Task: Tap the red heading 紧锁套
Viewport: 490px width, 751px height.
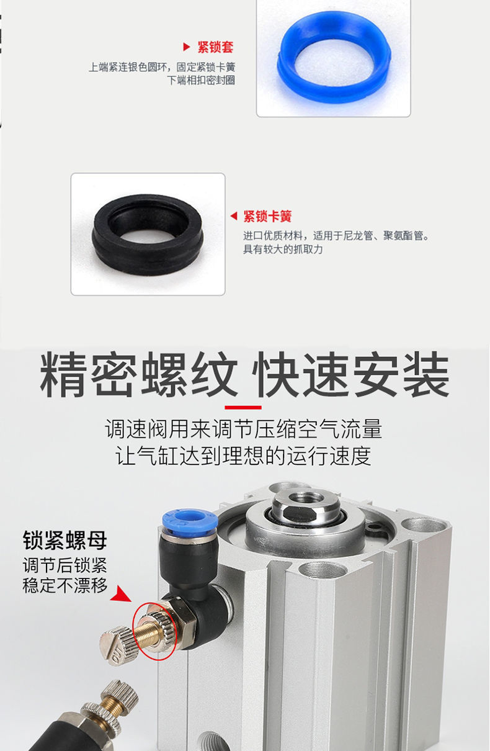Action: coord(215,47)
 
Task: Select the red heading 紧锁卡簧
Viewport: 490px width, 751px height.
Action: coord(267,216)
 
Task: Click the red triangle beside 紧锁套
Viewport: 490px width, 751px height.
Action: coord(186,47)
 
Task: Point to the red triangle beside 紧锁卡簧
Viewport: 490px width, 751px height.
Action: coord(234,216)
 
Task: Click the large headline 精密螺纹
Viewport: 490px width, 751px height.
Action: coord(139,374)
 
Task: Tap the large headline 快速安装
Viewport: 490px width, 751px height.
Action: coord(350,374)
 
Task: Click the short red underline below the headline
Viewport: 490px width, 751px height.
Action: coord(243,407)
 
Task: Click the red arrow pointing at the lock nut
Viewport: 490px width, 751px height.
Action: coord(122,594)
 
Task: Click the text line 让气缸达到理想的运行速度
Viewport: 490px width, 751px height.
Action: coord(243,456)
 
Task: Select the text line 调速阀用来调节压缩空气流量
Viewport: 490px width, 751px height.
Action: coord(243,429)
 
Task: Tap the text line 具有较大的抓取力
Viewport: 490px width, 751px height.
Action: coord(283,249)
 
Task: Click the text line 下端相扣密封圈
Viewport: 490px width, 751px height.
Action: coord(201,81)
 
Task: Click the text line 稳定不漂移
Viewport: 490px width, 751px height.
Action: coord(65,586)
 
